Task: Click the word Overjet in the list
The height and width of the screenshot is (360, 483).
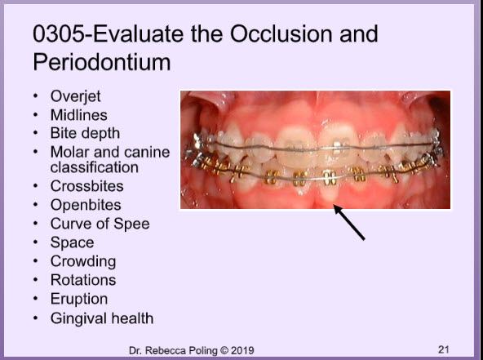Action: pos(75,96)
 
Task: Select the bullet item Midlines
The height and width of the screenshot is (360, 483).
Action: pos(79,115)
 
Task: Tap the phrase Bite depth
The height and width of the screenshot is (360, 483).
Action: pos(85,134)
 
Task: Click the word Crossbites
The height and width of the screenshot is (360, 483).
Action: pos(86,186)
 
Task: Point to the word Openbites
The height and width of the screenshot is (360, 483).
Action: pos(86,205)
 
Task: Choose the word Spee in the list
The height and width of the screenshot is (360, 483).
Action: pos(131,224)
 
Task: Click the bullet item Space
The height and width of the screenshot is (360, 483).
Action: pos(72,243)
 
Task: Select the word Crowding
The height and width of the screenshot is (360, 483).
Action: pos(83,262)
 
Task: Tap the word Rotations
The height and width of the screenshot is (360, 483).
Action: pos(83,280)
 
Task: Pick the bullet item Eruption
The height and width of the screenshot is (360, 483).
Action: pos(79,300)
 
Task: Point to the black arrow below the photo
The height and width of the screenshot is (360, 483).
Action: pos(349,222)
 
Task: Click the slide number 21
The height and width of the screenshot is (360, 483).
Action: pos(443,349)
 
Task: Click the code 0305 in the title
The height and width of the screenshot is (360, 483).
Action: pos(58,33)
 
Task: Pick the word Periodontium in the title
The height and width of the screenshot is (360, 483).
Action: pos(102,62)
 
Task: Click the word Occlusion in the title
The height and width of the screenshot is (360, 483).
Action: pos(282,33)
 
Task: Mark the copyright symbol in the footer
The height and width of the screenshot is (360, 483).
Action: pos(224,350)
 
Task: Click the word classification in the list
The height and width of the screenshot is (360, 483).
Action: pos(95,167)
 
